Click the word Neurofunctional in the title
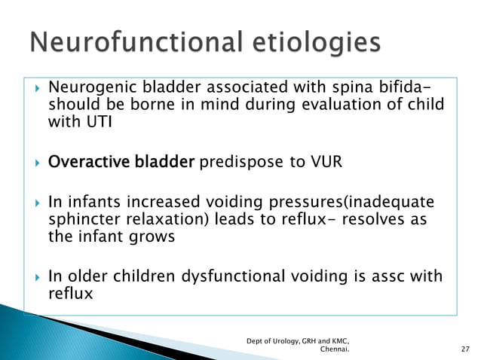(136, 41)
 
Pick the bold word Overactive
(89, 161)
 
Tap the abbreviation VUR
(326, 161)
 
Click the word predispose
(241, 163)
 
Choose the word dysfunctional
(233, 276)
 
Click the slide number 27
(465, 349)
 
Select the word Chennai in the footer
(335, 349)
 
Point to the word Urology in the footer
(286, 341)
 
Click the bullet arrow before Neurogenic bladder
(38, 89)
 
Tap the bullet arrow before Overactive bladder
(38, 163)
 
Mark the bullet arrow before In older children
(38, 278)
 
